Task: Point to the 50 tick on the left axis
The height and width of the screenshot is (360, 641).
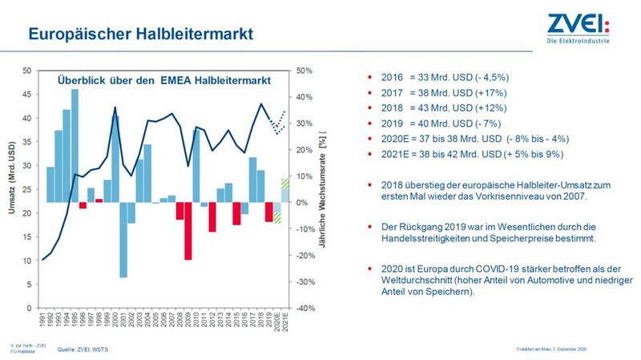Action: click(27, 71)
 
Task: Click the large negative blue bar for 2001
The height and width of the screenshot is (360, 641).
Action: click(123, 240)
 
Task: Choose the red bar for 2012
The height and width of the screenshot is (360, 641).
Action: click(212, 216)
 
